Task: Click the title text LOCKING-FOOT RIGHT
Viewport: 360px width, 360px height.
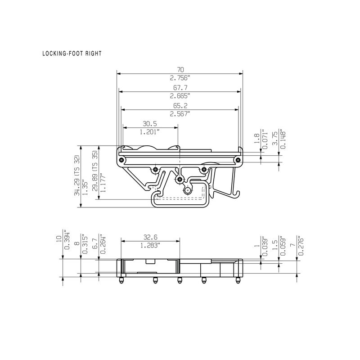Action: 72,54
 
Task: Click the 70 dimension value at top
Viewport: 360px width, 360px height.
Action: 180,70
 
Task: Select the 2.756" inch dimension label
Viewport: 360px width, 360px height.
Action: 180,78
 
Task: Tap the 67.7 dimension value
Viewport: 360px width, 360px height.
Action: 180,88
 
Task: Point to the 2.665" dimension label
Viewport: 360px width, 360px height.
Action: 180,96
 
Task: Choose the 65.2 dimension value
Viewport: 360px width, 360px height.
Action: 180,106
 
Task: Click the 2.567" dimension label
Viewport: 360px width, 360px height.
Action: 180,114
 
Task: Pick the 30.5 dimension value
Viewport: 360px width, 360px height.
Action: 150,124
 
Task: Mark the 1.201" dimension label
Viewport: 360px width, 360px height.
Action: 150,132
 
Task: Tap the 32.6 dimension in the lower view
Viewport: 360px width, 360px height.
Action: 150,237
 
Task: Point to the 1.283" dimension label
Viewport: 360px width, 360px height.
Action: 150,245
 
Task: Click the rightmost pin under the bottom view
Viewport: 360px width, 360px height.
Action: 237,281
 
